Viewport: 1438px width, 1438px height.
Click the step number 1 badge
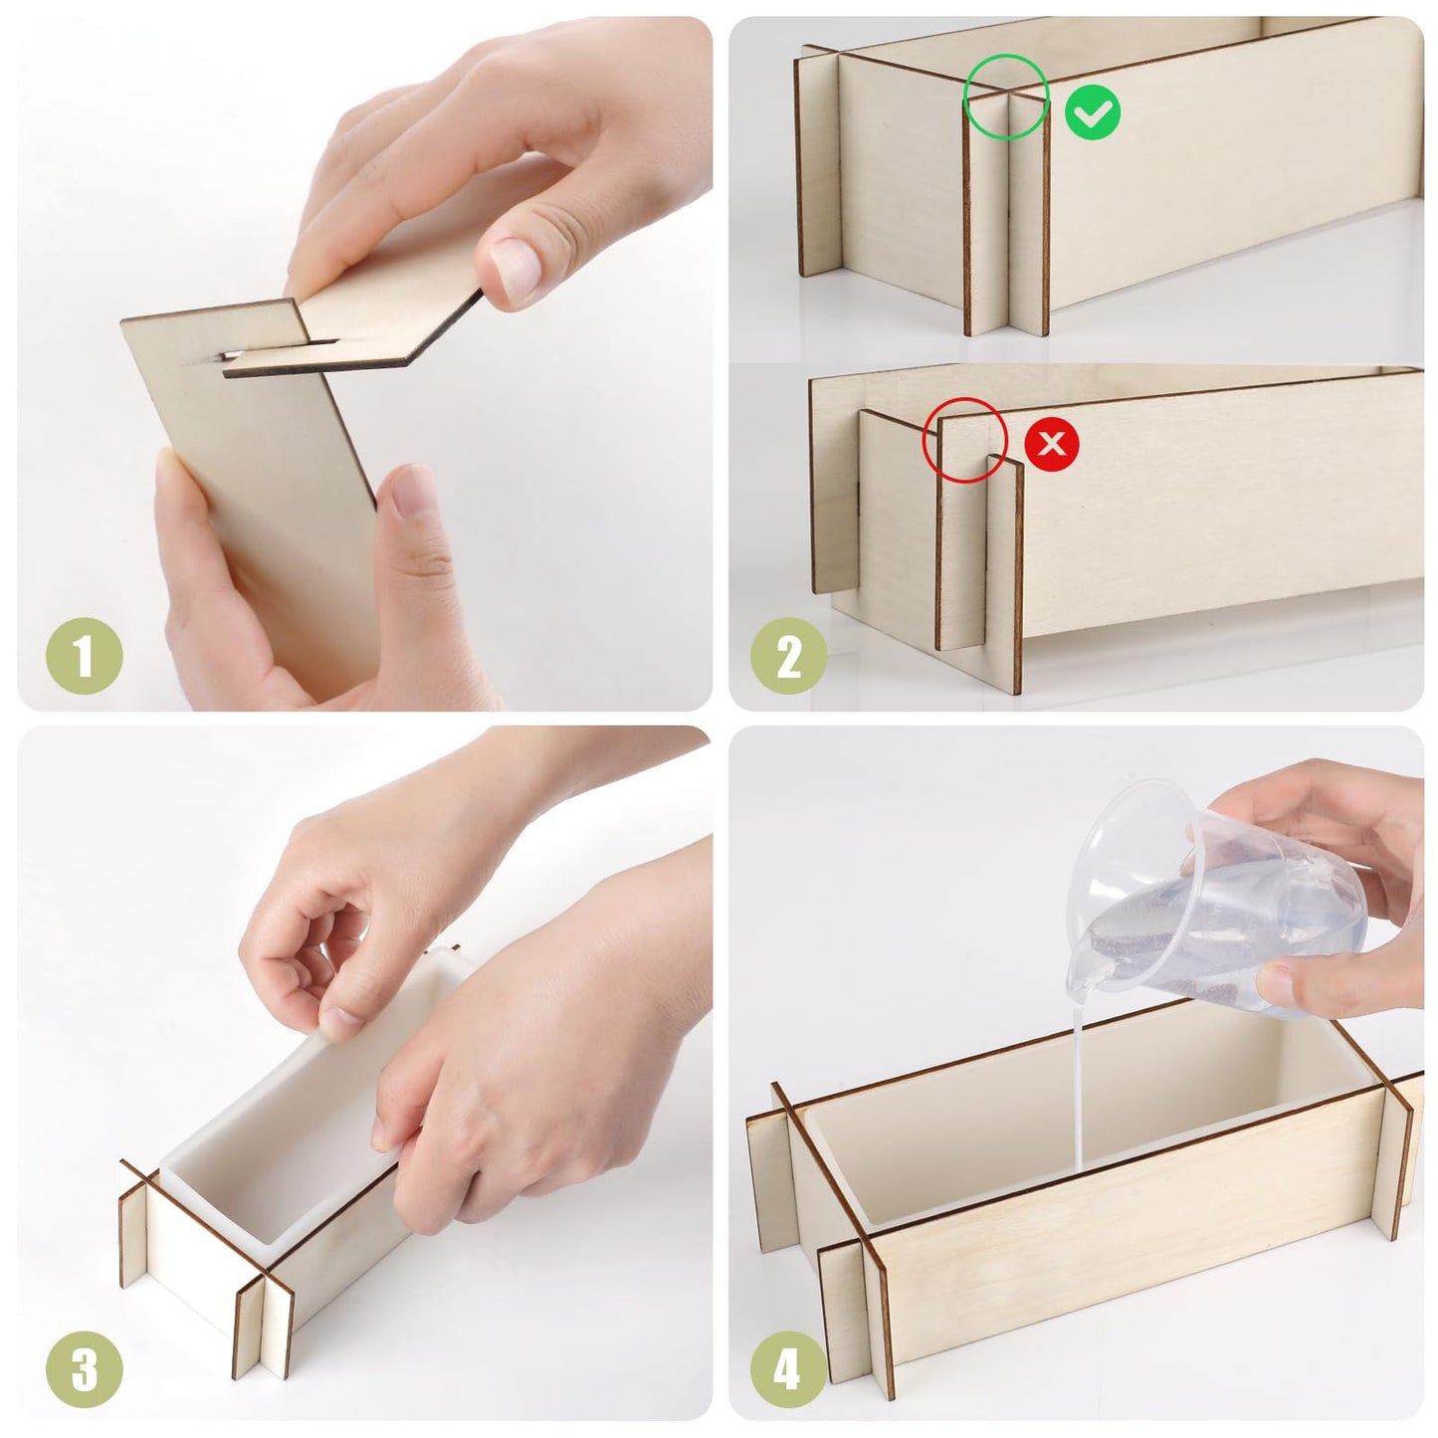85,657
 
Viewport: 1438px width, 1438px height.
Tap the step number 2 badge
789,657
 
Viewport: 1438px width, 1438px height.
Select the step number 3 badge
85,1368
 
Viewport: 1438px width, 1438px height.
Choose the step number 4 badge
789,1368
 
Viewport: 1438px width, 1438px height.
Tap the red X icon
1052,442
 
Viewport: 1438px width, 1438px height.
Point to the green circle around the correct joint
1006,96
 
